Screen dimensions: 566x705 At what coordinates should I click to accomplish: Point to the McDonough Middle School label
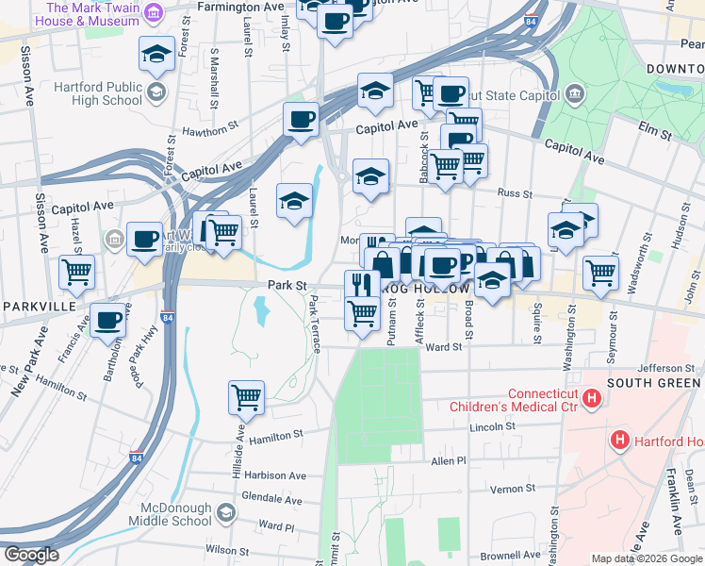point(166,513)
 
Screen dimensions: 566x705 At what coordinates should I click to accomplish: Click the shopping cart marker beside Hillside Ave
point(246,398)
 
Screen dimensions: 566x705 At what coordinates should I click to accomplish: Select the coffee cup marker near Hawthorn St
point(301,120)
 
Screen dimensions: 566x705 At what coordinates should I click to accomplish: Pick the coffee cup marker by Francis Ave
point(107,320)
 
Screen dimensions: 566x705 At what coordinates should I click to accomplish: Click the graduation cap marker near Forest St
point(156,55)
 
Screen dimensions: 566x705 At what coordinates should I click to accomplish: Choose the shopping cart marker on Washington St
point(600,273)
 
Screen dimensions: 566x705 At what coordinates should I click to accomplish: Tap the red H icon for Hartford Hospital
point(620,439)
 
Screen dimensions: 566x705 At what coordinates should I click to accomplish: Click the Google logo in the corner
point(30,555)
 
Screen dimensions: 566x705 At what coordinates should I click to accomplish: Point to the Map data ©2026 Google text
point(647,558)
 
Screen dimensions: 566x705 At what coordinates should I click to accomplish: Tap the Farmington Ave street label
point(241,7)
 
